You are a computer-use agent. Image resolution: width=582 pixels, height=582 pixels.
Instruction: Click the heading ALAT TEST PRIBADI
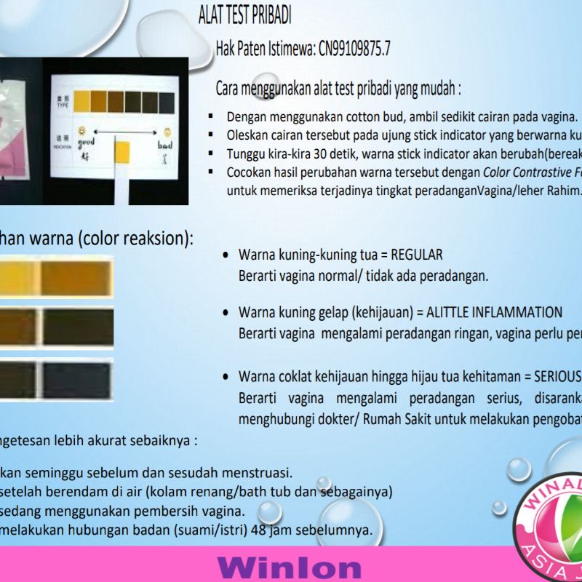245,15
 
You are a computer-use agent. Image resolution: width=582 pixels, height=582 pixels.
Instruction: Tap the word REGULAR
417,255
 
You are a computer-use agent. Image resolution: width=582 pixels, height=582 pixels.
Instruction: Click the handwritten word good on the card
87,144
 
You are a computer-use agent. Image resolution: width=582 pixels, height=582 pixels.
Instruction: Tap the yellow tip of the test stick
121,150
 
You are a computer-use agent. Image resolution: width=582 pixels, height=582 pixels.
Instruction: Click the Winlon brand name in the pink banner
289,567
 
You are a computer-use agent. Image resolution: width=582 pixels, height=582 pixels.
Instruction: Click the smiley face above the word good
82,132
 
